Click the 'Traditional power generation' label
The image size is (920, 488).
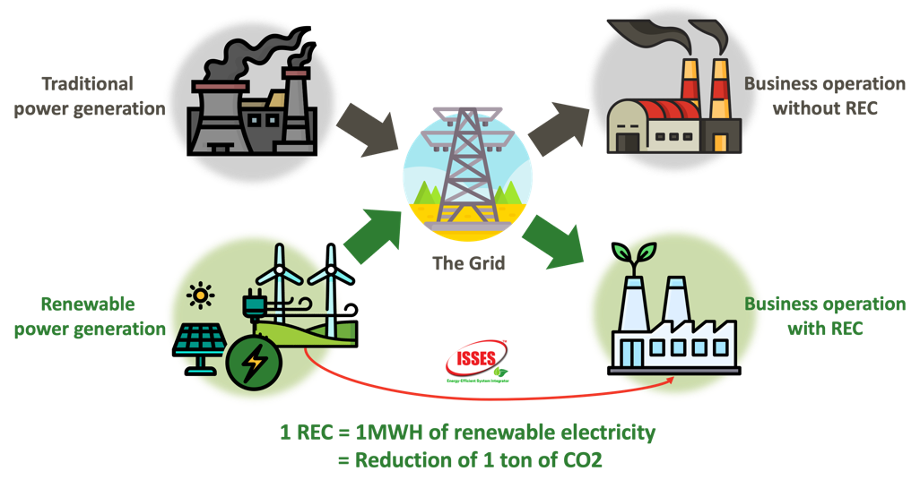coord(88,96)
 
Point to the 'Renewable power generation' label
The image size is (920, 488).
coord(90,316)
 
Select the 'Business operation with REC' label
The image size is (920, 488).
coord(824,316)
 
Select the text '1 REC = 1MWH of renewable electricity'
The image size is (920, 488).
coord(467,432)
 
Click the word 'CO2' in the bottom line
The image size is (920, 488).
coord(592,460)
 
